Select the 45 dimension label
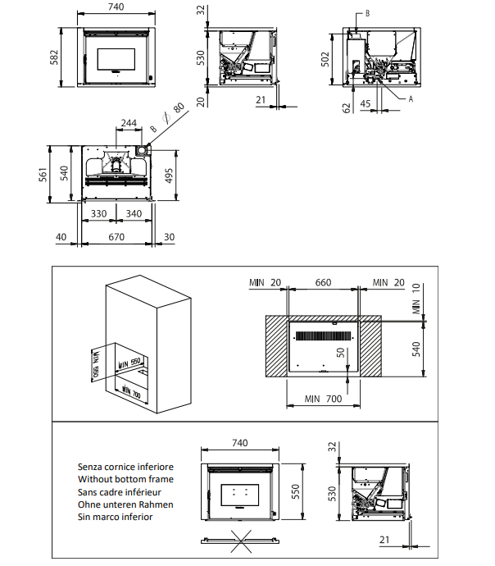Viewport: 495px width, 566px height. pyautogui.click(x=366, y=103)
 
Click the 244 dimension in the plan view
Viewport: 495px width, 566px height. pyautogui.click(x=129, y=123)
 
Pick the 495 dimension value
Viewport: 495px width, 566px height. pyautogui.click(x=169, y=175)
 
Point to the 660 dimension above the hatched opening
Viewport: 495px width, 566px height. pyautogui.click(x=323, y=283)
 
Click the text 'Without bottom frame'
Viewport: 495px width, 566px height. pyautogui.click(x=125, y=479)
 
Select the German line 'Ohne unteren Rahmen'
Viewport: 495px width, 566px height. pyautogui.click(x=125, y=504)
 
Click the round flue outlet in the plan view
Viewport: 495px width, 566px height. pyautogui.click(x=143, y=151)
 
